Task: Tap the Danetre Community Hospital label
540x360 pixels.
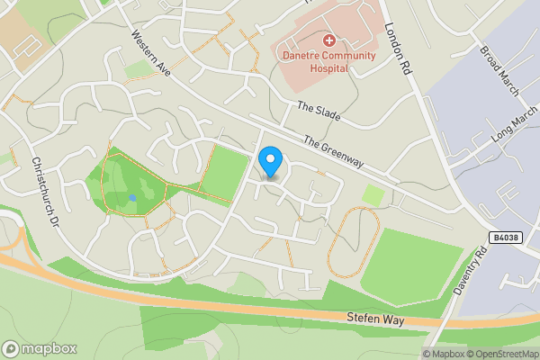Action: [x=329, y=60]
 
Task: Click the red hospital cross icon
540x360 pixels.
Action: [x=329, y=40]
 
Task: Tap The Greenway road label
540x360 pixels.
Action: [x=333, y=152]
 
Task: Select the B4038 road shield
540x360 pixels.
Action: [x=506, y=237]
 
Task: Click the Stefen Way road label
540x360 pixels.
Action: [x=376, y=319]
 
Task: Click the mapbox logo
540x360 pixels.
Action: [x=39, y=348]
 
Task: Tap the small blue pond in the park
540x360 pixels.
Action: [x=132, y=197]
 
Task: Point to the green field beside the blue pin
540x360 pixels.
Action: [x=225, y=171]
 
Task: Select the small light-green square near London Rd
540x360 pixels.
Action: [x=373, y=194]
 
